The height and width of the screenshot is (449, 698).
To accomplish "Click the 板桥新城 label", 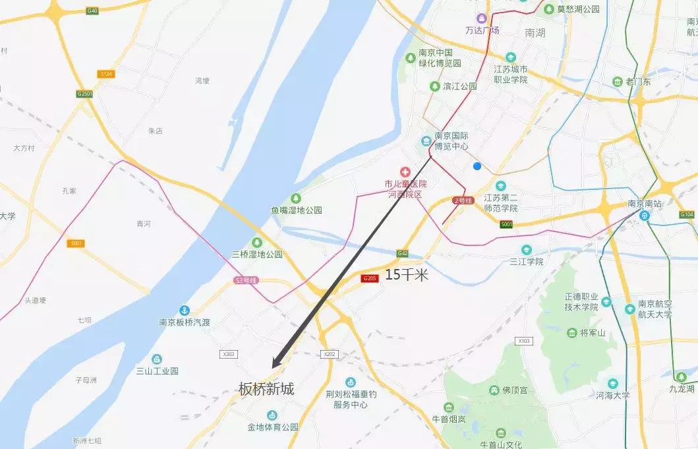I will coord(266,389).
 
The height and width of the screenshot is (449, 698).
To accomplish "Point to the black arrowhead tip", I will coord(272,367).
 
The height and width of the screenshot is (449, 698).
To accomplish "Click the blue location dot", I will coord(477,166).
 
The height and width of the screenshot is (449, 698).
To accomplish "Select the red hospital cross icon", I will coord(405,172).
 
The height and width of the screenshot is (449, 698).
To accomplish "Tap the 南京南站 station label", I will coord(645,204).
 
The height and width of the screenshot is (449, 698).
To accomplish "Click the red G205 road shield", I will coord(370,279).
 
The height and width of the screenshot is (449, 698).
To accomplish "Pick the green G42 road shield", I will coord(403,253).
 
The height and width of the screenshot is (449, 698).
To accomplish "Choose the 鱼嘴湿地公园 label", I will coord(297,210).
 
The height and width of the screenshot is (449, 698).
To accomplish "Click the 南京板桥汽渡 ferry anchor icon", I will coord(185,310).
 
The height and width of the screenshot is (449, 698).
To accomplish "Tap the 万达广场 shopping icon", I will coord(482,18).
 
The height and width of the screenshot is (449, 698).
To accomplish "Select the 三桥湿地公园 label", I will coord(257,254).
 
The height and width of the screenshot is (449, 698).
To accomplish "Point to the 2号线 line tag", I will coord(464,200).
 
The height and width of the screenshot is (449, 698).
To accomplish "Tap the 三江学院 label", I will coord(526,261).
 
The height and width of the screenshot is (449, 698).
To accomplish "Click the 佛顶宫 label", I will coord(515,390).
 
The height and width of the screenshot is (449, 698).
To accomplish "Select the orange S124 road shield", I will coord(106,74).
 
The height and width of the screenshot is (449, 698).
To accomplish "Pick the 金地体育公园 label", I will coord(273,427).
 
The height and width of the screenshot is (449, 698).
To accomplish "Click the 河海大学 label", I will coord(613,396).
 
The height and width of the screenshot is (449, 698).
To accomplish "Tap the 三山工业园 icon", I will coord(157,359).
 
